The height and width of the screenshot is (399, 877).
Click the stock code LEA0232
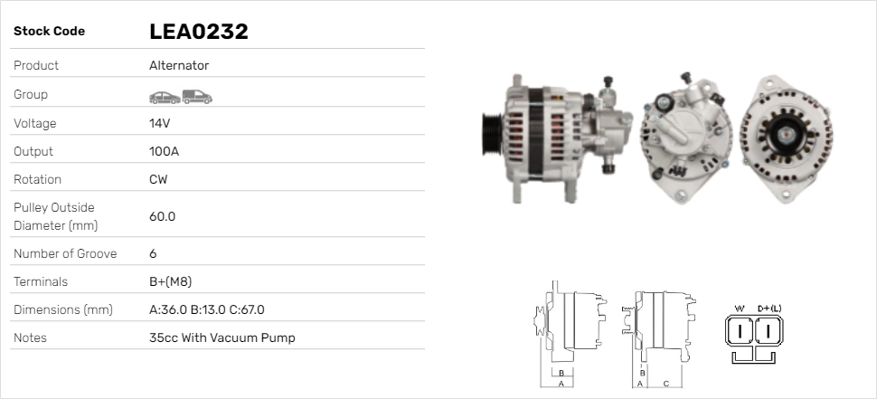198,32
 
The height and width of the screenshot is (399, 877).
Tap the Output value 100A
164,151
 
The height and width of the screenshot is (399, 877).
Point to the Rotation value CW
158,179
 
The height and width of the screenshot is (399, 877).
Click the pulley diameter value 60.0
162,216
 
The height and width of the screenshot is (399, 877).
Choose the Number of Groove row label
65,253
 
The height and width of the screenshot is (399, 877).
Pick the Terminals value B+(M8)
170,281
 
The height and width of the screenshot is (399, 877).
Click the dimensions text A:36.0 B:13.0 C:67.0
206,309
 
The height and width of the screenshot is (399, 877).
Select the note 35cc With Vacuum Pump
222,337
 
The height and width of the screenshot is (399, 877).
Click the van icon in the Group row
195,95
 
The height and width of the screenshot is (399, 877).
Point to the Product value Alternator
179,65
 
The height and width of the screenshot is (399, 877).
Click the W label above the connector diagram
740,309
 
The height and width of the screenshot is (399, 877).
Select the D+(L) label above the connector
769,309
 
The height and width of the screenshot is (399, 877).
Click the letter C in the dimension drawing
666,384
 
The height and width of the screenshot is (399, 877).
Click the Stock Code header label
49,31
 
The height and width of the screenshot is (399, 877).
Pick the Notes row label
30,337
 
